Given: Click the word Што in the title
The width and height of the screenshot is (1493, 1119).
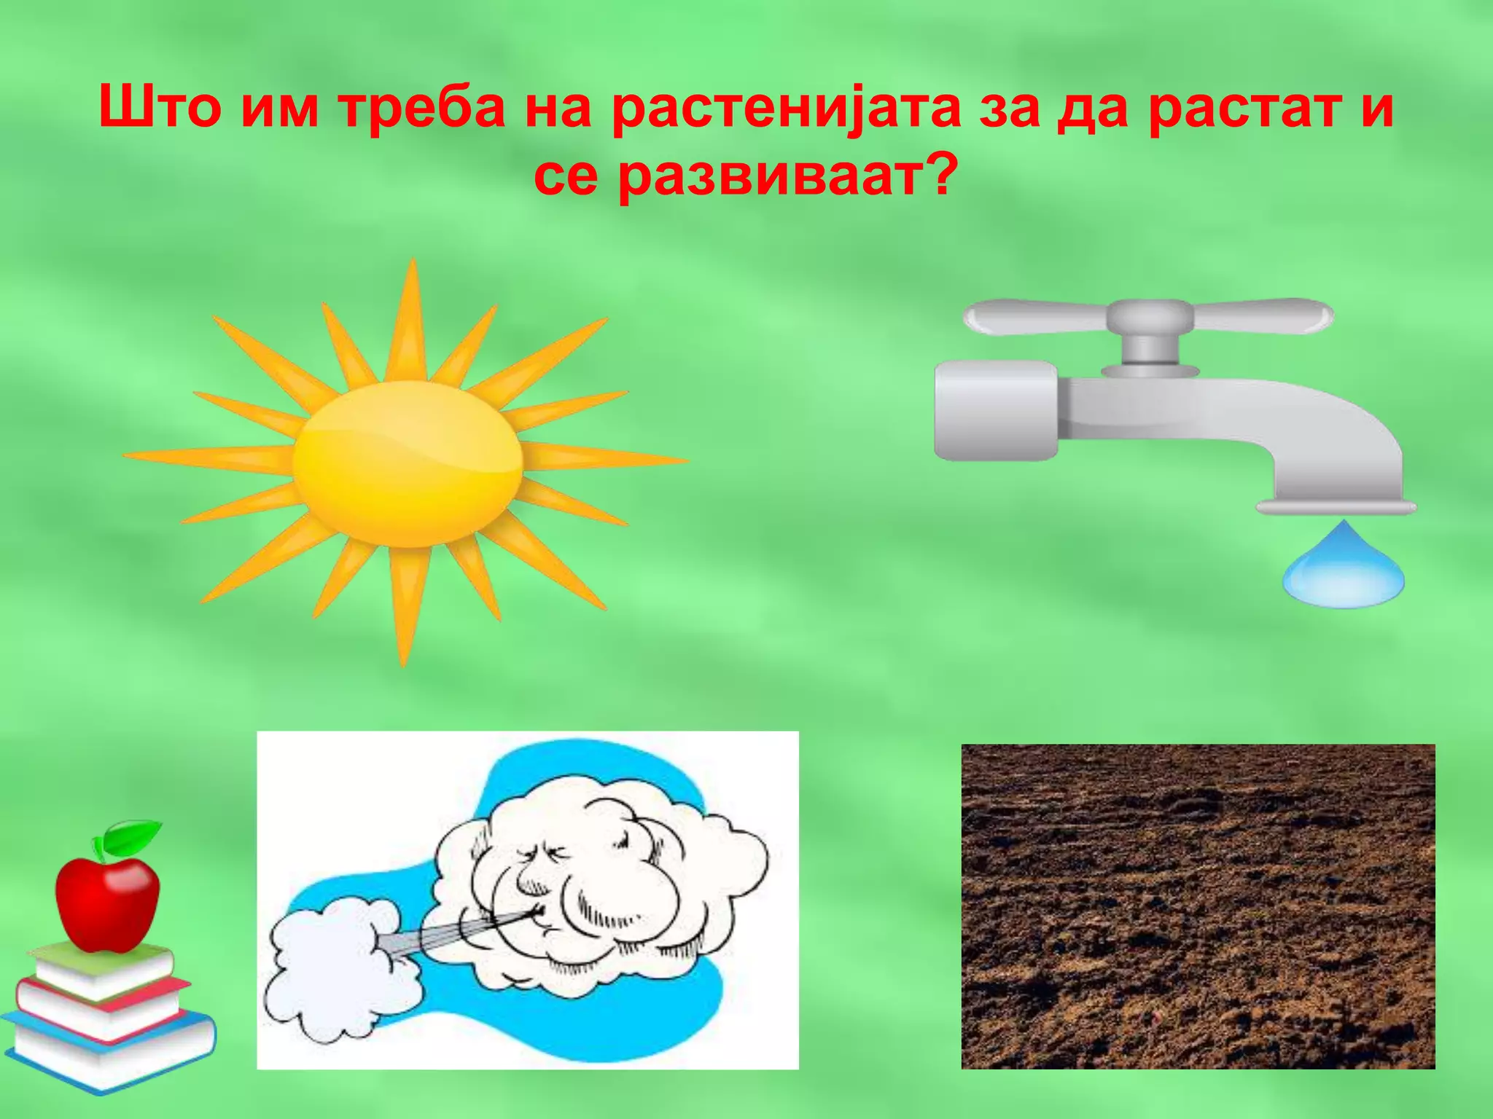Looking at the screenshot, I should coord(159,108).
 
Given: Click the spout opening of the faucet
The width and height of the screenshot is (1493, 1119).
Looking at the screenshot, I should coord(1336,507).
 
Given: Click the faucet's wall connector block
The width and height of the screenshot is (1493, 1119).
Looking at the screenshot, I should coord(995,410).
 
